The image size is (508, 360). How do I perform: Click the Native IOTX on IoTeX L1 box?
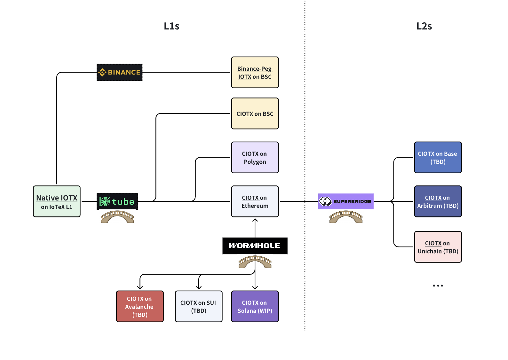pyautogui.click(x=57, y=201)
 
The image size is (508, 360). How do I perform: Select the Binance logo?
pyautogui.click(x=120, y=72)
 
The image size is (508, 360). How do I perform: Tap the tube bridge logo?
pyautogui.click(x=117, y=201)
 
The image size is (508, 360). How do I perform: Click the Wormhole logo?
pyautogui.click(x=255, y=246)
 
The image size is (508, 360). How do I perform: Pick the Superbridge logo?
pyautogui.click(x=346, y=201)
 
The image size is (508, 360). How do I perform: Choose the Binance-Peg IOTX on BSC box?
pyautogui.click(x=255, y=72)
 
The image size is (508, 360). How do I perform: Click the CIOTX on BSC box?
pyautogui.click(x=255, y=113)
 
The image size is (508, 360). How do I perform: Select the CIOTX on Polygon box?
pyautogui.click(x=255, y=157)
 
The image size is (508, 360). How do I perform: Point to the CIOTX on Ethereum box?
pyautogui.click(x=255, y=201)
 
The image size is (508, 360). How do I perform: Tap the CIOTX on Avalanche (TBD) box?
pyautogui.click(x=140, y=306)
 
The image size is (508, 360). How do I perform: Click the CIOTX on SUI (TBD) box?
pyautogui.click(x=199, y=306)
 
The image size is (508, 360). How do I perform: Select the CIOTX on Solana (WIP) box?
pyautogui.click(x=255, y=306)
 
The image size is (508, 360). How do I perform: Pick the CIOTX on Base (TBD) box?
pyautogui.click(x=438, y=157)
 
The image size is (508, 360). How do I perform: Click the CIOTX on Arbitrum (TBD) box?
pyautogui.click(x=438, y=201)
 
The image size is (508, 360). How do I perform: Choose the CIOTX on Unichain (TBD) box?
pyautogui.click(x=438, y=247)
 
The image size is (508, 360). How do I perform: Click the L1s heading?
pyautogui.click(x=172, y=26)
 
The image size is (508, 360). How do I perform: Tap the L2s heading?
pyautogui.click(x=424, y=26)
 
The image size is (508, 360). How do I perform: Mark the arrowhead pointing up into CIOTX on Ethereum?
pyautogui.click(x=255, y=220)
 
